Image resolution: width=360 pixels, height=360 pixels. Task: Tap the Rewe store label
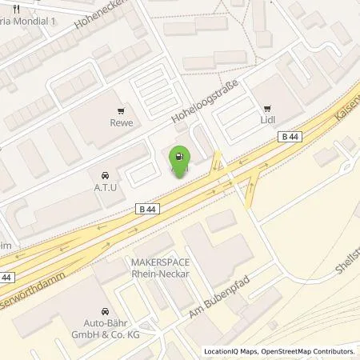point(122,123)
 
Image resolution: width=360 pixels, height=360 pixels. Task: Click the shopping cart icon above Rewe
point(122,111)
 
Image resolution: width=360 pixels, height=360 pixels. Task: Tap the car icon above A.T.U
point(105,174)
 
